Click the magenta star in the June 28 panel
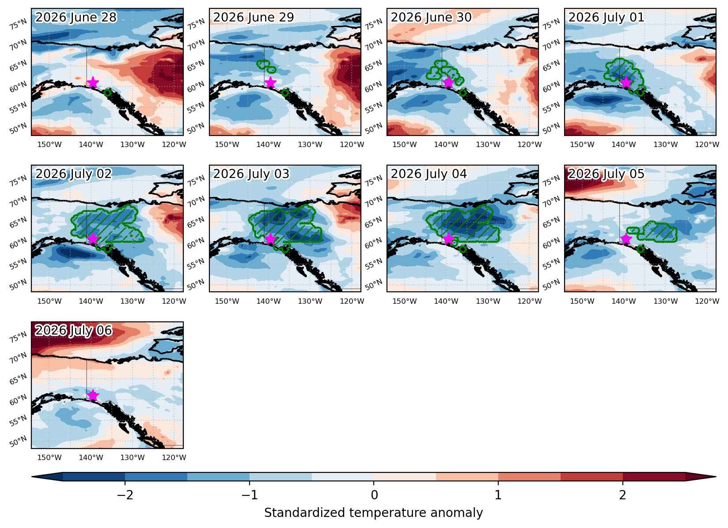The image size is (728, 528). [93, 83]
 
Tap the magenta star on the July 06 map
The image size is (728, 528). [93, 396]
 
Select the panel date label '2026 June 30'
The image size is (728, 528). [431, 17]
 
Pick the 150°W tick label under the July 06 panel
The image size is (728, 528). [49, 457]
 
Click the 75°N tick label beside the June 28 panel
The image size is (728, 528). [18, 24]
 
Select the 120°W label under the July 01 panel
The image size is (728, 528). [707, 144]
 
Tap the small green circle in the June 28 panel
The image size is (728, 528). [108, 93]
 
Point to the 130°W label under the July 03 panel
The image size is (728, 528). [311, 301]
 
